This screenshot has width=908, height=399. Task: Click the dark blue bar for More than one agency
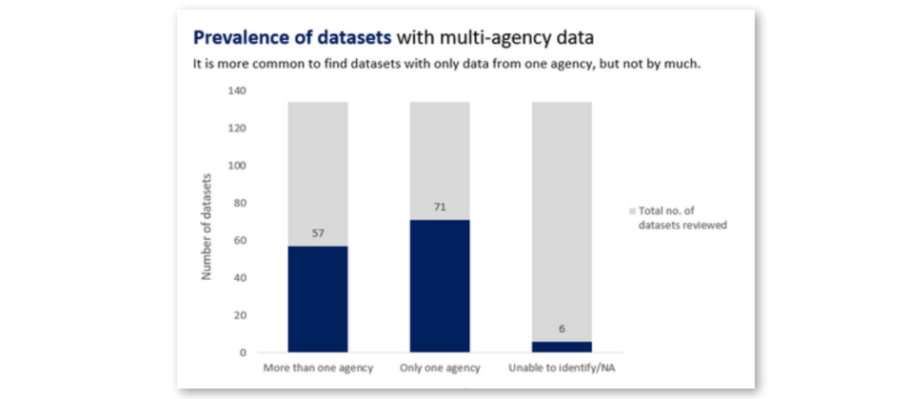(318, 299)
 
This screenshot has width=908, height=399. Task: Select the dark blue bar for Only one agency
(440, 286)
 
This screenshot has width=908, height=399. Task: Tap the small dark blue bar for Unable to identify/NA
(562, 347)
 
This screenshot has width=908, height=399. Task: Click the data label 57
(318, 232)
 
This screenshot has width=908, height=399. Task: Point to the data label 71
(440, 207)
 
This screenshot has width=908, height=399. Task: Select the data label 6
(562, 329)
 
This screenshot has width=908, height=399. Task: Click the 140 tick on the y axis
(236, 91)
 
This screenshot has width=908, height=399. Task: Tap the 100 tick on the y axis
(236, 166)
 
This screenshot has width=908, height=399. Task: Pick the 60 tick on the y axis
(239, 240)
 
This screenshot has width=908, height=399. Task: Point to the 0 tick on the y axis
(242, 352)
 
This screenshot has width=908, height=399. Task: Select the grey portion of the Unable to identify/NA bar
(562, 219)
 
